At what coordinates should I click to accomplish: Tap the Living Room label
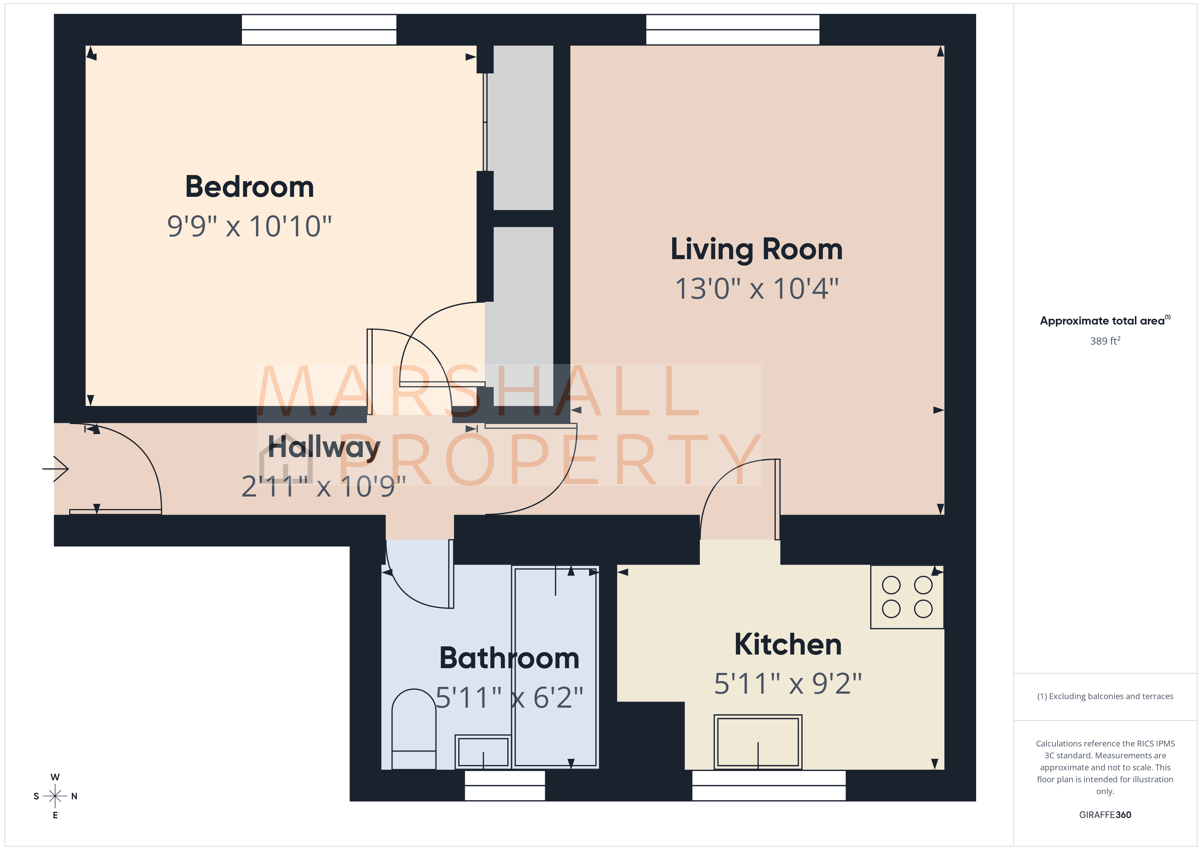click(756, 249)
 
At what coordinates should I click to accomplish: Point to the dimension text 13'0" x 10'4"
click(756, 288)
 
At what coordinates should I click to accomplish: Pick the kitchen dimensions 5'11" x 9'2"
click(788, 683)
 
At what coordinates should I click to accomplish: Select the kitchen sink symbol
click(757, 742)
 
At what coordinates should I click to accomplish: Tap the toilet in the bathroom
click(414, 730)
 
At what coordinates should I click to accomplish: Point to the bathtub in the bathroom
click(555, 667)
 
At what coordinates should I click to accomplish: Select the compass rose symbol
click(55, 796)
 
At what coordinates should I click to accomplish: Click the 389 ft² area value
click(1105, 341)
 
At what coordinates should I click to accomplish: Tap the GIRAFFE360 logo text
click(1105, 815)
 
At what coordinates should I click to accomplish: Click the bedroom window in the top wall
click(319, 30)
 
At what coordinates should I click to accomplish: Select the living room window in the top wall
click(733, 30)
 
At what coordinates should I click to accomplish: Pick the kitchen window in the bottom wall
click(769, 786)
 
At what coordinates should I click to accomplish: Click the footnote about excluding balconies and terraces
click(1105, 696)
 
